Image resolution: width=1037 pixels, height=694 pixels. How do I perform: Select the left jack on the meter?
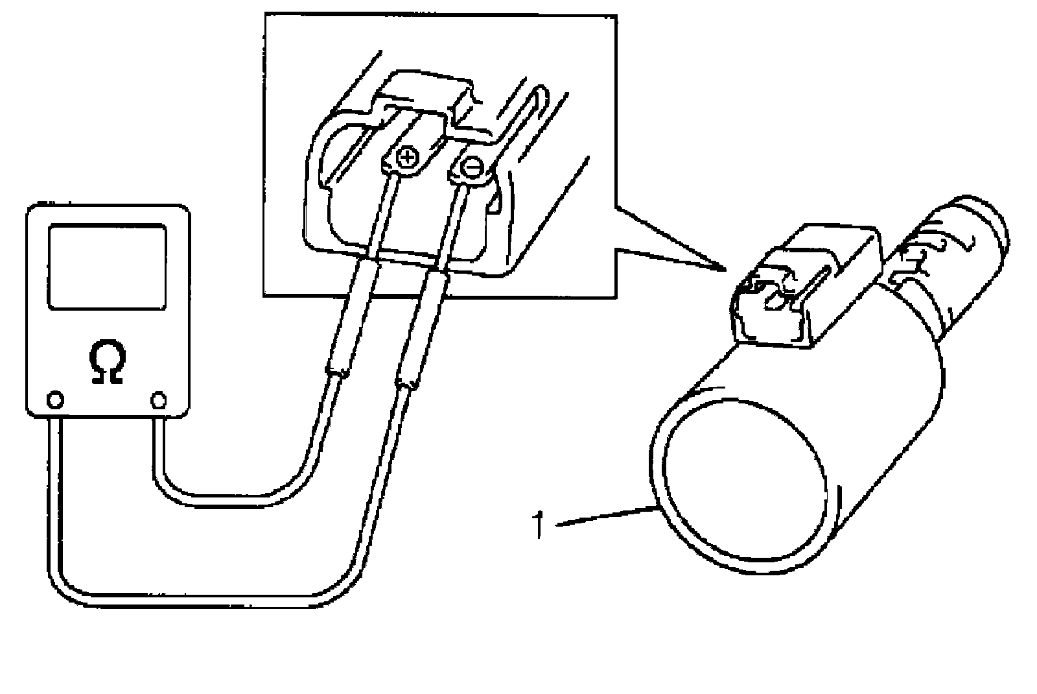point(56,400)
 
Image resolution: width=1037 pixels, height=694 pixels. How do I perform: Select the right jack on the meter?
point(159,400)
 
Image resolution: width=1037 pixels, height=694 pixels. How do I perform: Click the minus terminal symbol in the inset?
point(472,168)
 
